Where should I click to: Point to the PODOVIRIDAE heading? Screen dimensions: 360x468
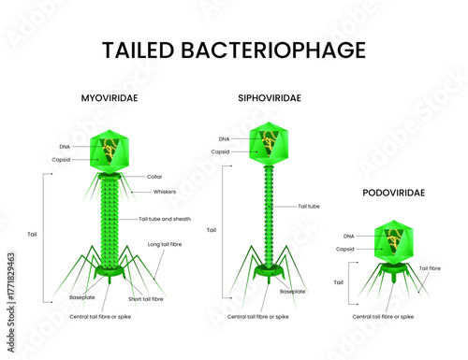pyautogui.click(x=393, y=193)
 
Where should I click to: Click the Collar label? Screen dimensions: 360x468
pyautogui.click(x=155, y=176)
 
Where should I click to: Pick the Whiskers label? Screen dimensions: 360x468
pyautogui.click(x=165, y=192)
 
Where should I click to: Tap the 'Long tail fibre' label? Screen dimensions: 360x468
pyautogui.click(x=166, y=245)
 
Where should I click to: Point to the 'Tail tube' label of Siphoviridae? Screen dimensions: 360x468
pyautogui.click(x=310, y=206)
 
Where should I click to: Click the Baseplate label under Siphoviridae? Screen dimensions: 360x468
pyautogui.click(x=292, y=291)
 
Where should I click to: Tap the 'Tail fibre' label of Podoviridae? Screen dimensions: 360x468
pyautogui.click(x=430, y=268)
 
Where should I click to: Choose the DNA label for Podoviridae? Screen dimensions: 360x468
pyautogui.click(x=348, y=236)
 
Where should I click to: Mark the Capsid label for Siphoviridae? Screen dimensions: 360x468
pyautogui.click(x=221, y=151)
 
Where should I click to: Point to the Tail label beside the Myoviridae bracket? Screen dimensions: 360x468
pyautogui.click(x=32, y=234)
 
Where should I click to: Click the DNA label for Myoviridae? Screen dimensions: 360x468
pyautogui.click(x=63, y=146)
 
